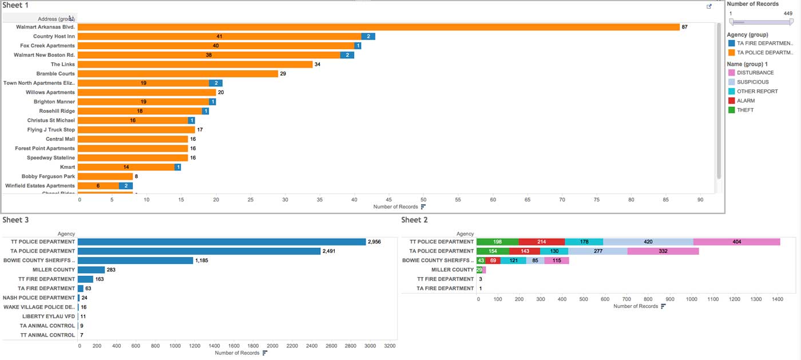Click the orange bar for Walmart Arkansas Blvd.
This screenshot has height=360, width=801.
click(x=378, y=27)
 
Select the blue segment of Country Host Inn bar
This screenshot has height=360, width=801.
click(x=368, y=36)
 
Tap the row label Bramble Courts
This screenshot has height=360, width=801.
click(x=55, y=74)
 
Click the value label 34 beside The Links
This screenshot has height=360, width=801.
click(x=318, y=64)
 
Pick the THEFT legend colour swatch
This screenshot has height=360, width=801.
click(x=731, y=110)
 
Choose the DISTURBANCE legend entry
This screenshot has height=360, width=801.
click(x=755, y=73)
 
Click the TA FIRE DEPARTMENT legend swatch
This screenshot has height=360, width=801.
click(x=731, y=43)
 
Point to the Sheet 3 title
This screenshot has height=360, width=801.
click(x=12, y=220)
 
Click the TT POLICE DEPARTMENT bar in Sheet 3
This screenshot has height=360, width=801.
click(x=221, y=242)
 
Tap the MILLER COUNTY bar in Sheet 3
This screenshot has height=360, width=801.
click(x=91, y=270)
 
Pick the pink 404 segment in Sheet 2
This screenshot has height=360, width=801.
click(x=736, y=242)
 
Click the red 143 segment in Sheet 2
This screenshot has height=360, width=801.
click(x=525, y=251)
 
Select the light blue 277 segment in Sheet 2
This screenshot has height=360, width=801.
click(x=598, y=251)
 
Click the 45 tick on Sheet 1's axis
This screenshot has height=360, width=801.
click(x=389, y=199)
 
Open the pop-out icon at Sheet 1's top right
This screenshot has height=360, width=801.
click(x=709, y=6)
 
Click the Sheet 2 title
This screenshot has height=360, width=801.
click(x=415, y=220)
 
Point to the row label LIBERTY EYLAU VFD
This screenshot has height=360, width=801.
click(x=49, y=317)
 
